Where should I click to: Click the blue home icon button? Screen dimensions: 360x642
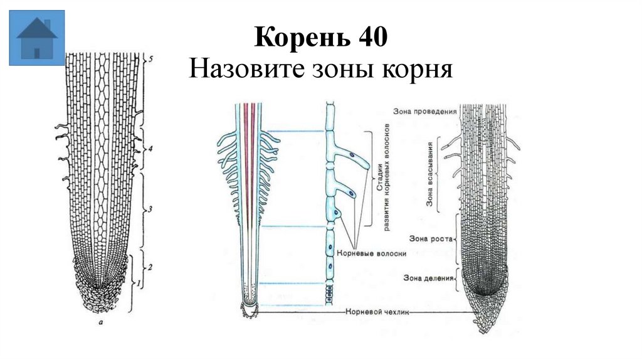point(37,37)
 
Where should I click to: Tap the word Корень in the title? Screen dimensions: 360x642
point(297,39)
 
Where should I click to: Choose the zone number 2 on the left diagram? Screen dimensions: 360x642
point(150,267)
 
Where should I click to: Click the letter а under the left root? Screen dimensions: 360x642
point(101,324)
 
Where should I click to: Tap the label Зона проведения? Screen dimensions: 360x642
point(424,111)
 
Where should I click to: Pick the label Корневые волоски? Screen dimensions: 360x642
point(372,253)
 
